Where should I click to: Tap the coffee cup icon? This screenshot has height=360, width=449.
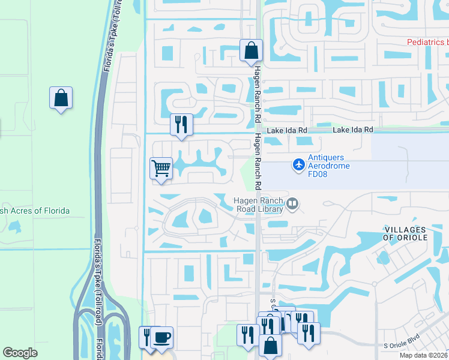[x=161, y=337]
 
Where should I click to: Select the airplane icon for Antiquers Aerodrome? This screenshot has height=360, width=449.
[x=299, y=163]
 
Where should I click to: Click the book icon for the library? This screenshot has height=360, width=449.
[x=292, y=204]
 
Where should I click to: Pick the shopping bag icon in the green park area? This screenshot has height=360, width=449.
[x=61, y=98]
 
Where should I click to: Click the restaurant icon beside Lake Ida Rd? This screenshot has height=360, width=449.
[x=181, y=124]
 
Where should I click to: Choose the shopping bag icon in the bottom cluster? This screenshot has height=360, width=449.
[x=271, y=345]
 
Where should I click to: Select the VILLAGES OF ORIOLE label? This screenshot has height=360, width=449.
[x=405, y=233]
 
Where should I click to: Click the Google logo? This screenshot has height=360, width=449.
[x=20, y=353]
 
